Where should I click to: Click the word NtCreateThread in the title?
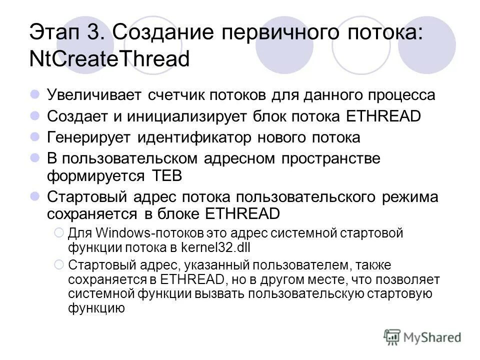110,59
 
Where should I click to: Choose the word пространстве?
330,159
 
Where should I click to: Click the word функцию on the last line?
96,307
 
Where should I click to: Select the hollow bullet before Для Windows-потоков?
58,233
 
